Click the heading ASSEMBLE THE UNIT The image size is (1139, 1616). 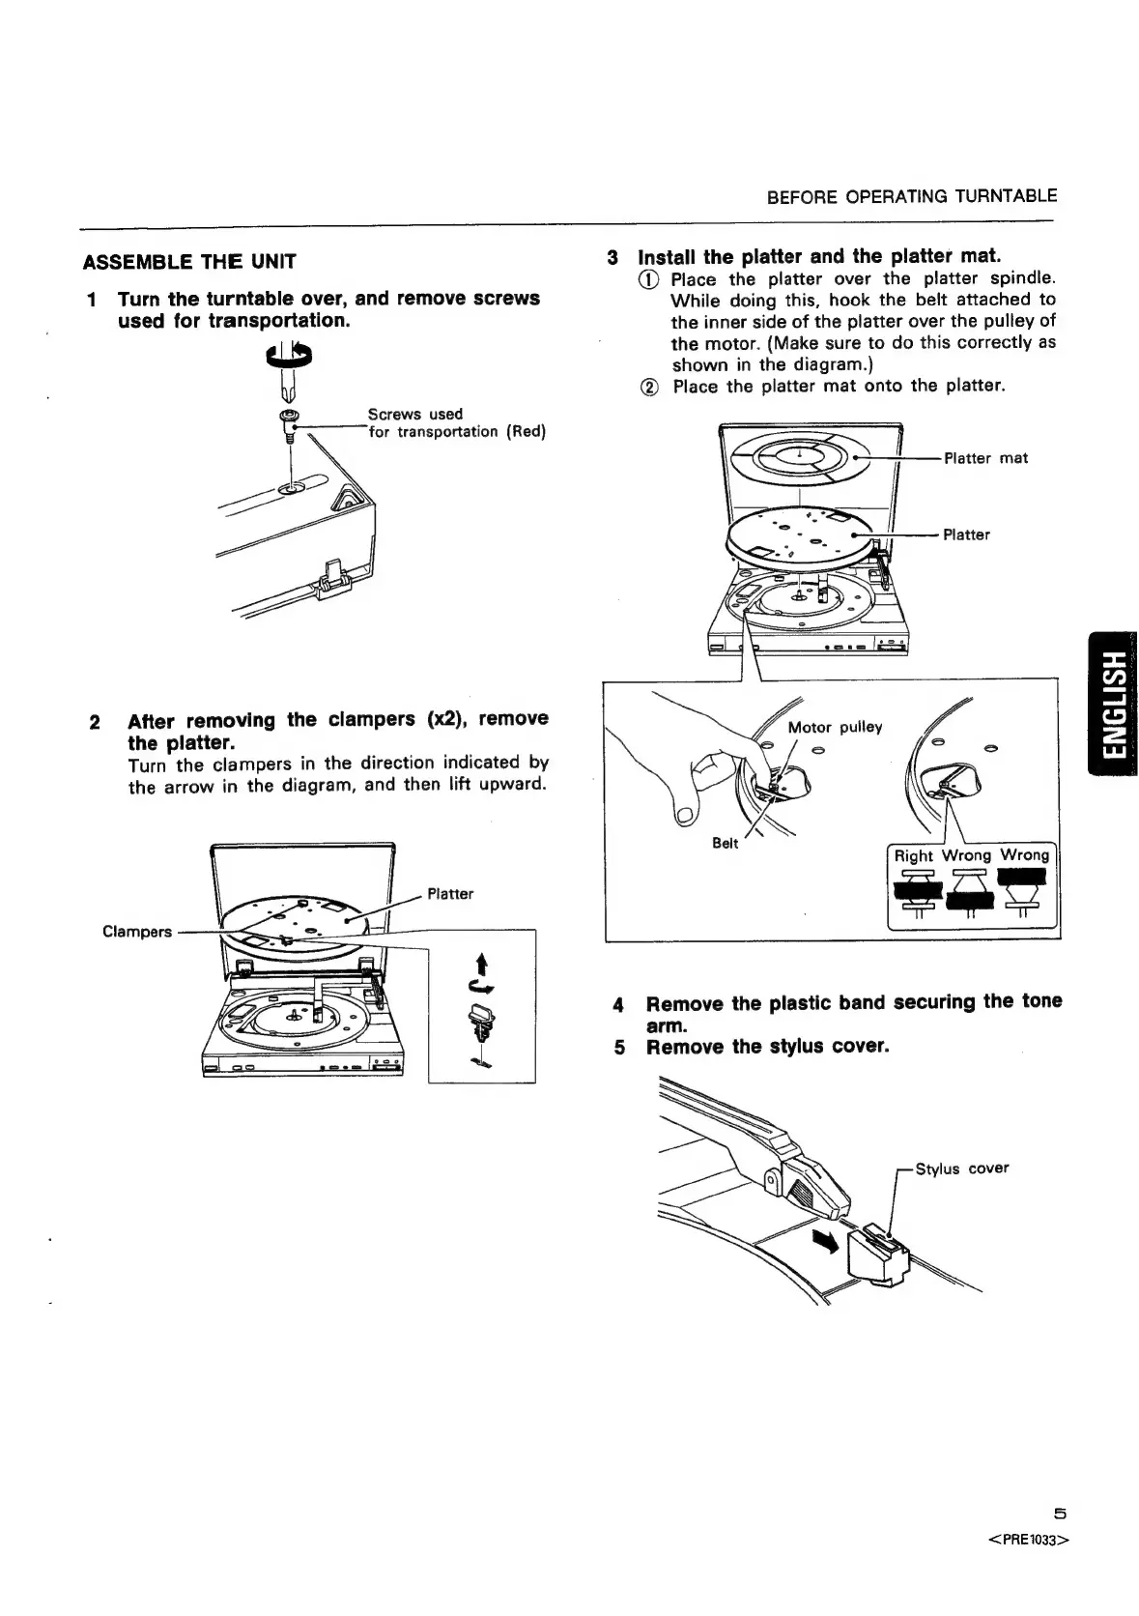click(x=189, y=262)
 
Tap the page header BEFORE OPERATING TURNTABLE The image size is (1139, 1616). click(x=911, y=196)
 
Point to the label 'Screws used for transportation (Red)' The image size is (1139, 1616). click(x=456, y=423)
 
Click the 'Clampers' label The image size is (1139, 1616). click(x=137, y=932)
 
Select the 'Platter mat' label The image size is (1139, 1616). click(x=985, y=458)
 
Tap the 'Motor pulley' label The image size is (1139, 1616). click(x=835, y=727)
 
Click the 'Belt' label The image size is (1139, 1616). click(x=725, y=843)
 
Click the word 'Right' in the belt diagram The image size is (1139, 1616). click(x=913, y=855)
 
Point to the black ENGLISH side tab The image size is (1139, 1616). click(x=1112, y=703)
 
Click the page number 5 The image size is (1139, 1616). click(x=1060, y=1514)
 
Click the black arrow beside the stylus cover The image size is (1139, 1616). click(x=827, y=1239)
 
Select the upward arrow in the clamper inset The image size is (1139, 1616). click(x=481, y=964)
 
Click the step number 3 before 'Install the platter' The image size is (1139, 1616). click(x=612, y=258)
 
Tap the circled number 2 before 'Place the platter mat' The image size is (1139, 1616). click(x=650, y=387)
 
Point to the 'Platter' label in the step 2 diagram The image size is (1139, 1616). click(x=450, y=894)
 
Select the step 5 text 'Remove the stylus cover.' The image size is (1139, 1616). click(x=767, y=1047)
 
